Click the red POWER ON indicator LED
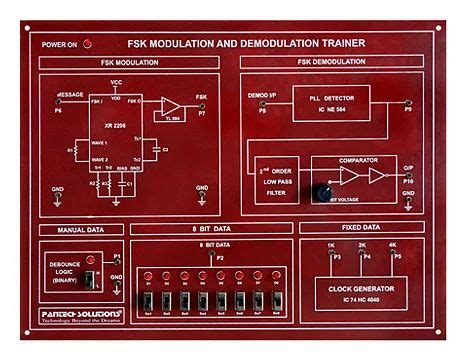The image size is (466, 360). click(87, 44)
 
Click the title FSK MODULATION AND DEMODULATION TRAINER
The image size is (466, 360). click(246, 44)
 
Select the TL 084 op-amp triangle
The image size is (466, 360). click(172, 106)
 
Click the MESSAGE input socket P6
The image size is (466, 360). click(57, 104)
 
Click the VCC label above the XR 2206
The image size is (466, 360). click(116, 82)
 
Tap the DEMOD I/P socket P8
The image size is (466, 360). click(261, 104)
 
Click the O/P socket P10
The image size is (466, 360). click(408, 175)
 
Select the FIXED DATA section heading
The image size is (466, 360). click(362, 228)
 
